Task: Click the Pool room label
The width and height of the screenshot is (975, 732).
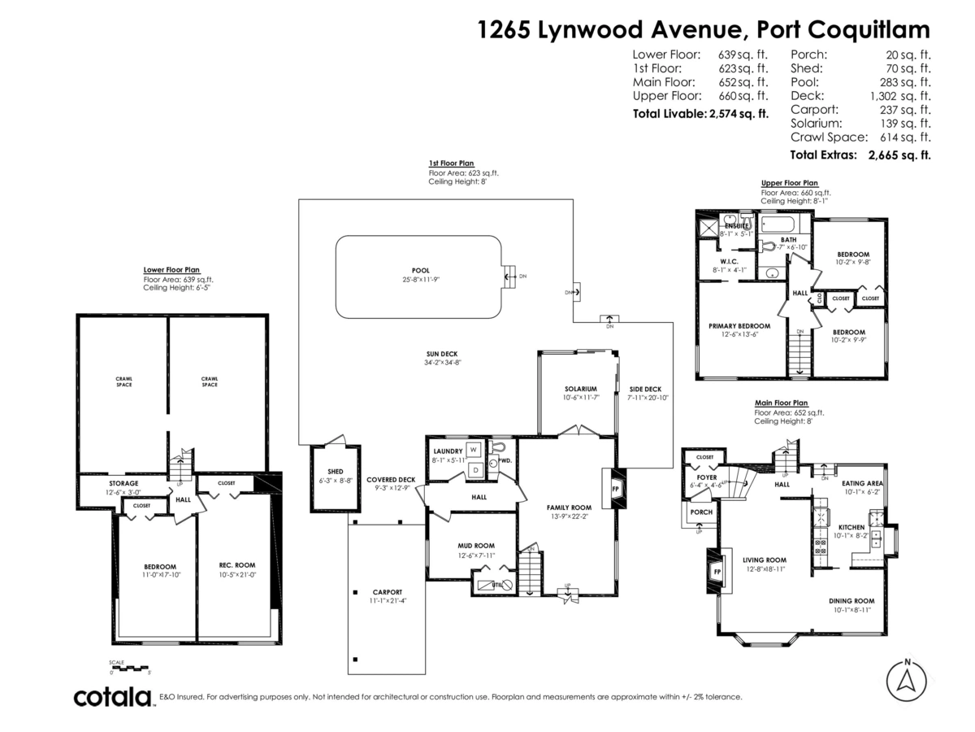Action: pos(420,271)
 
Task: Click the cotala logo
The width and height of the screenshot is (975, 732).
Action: pos(113,697)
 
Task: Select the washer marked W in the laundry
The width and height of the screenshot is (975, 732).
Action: pos(473,450)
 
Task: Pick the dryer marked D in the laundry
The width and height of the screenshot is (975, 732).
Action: pos(473,468)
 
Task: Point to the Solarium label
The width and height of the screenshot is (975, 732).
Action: pos(581,389)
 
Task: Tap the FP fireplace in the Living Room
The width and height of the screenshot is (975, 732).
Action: pos(717,572)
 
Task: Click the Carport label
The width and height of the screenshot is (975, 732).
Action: pos(387,591)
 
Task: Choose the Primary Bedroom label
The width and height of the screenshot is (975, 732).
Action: pos(739,325)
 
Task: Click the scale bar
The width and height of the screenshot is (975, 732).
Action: pos(131,667)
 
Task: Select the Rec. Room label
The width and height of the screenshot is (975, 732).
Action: pos(237,565)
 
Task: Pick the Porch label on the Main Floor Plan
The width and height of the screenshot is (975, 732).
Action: pos(700,513)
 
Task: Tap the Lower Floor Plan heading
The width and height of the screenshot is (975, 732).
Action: pos(171,269)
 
